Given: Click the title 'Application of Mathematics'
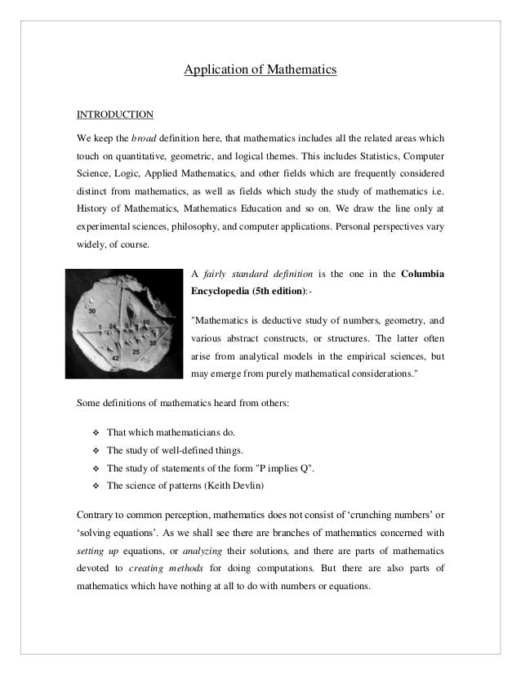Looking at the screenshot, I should click(260, 71).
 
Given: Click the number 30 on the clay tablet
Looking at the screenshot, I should click(92, 311).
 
